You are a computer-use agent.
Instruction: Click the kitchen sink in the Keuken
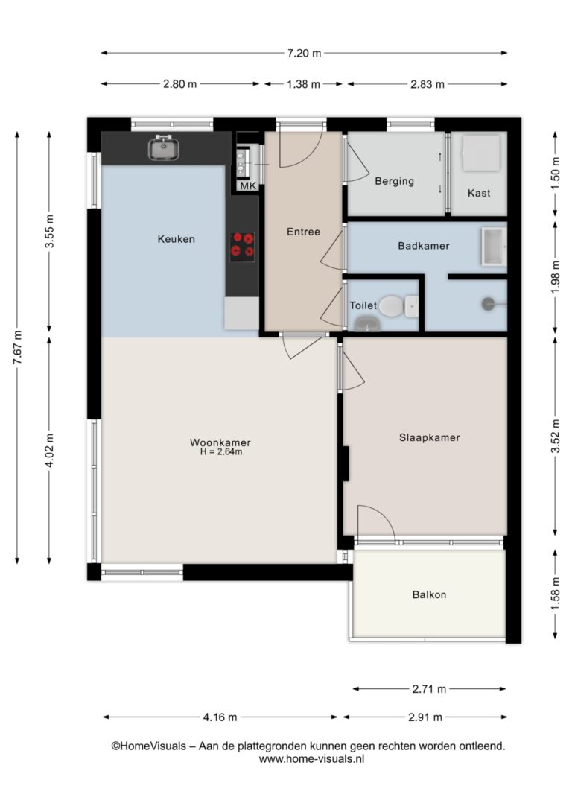pos(164,148)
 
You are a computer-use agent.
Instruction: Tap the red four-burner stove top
pos(242,245)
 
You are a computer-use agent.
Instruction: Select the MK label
pos(248,185)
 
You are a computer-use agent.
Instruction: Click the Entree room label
pos(303,232)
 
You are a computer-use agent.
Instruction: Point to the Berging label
pos(395,181)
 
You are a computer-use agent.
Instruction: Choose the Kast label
pos(479,193)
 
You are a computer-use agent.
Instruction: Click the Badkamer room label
pos(424,246)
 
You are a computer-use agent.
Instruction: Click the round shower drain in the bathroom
pos(488,304)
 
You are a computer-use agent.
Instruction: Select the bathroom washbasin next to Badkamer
pos(494,247)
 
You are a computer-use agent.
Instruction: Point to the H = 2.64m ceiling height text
pos(221,452)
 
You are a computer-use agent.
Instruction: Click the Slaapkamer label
pos(429,437)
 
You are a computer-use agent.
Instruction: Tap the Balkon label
pos(429,595)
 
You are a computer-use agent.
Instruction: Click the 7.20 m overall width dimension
pos(305,53)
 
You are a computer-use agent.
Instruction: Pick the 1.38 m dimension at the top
pos(303,84)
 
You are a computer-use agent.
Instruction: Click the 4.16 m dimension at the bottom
pos(220,717)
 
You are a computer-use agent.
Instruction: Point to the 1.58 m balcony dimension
pos(556,594)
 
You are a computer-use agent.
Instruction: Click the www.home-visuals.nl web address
pos(311,759)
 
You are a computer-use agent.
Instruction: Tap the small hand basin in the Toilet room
pos(367,324)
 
